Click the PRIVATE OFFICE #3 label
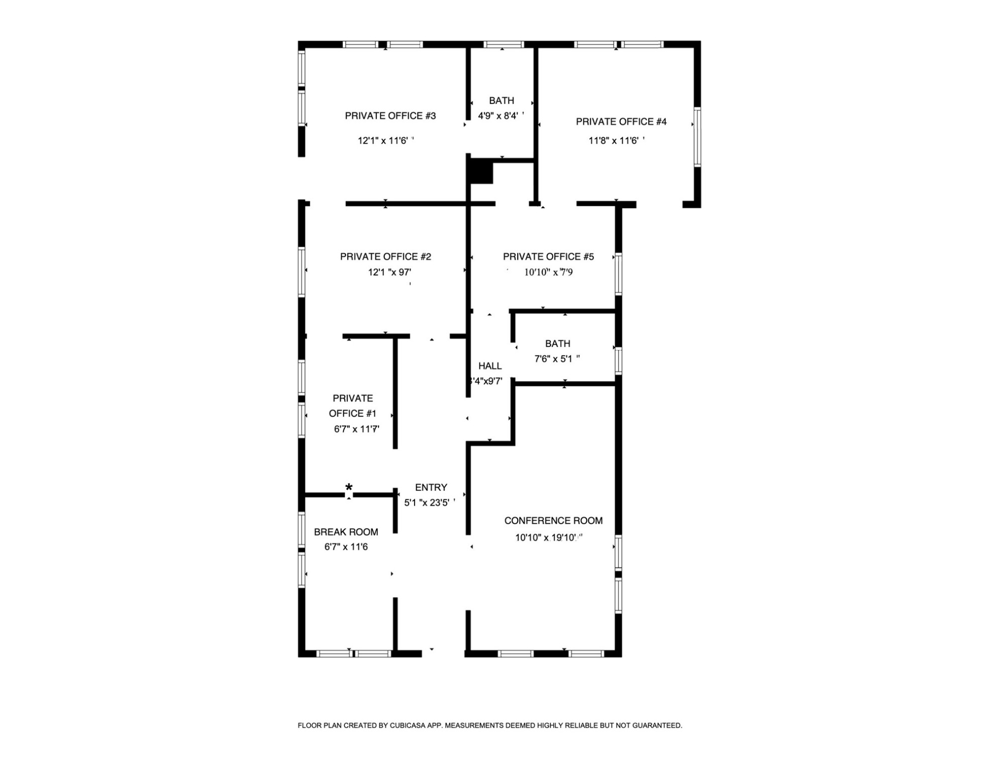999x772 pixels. pos(390,116)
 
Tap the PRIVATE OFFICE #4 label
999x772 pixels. pos(621,122)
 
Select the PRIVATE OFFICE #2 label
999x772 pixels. pos(385,257)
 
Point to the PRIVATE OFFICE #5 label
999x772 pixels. pos(548,257)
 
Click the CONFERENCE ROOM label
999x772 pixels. pos(553,521)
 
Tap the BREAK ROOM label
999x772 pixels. pos(346,532)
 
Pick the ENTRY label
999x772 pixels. pos(431,488)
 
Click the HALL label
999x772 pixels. pos(489,366)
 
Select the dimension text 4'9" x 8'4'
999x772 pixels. pos(498,116)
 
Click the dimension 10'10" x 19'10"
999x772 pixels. pos(546,538)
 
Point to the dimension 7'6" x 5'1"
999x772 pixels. pos(555,359)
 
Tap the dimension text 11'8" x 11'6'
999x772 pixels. pos(615,141)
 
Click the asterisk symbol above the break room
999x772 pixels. pos(349,488)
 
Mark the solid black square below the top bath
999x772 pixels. pos(481,171)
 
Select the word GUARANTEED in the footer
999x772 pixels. pos(656,726)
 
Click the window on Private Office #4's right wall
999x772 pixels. pos(697,137)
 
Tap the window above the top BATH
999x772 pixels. pos(504,45)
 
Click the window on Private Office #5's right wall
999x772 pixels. pos(619,274)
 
